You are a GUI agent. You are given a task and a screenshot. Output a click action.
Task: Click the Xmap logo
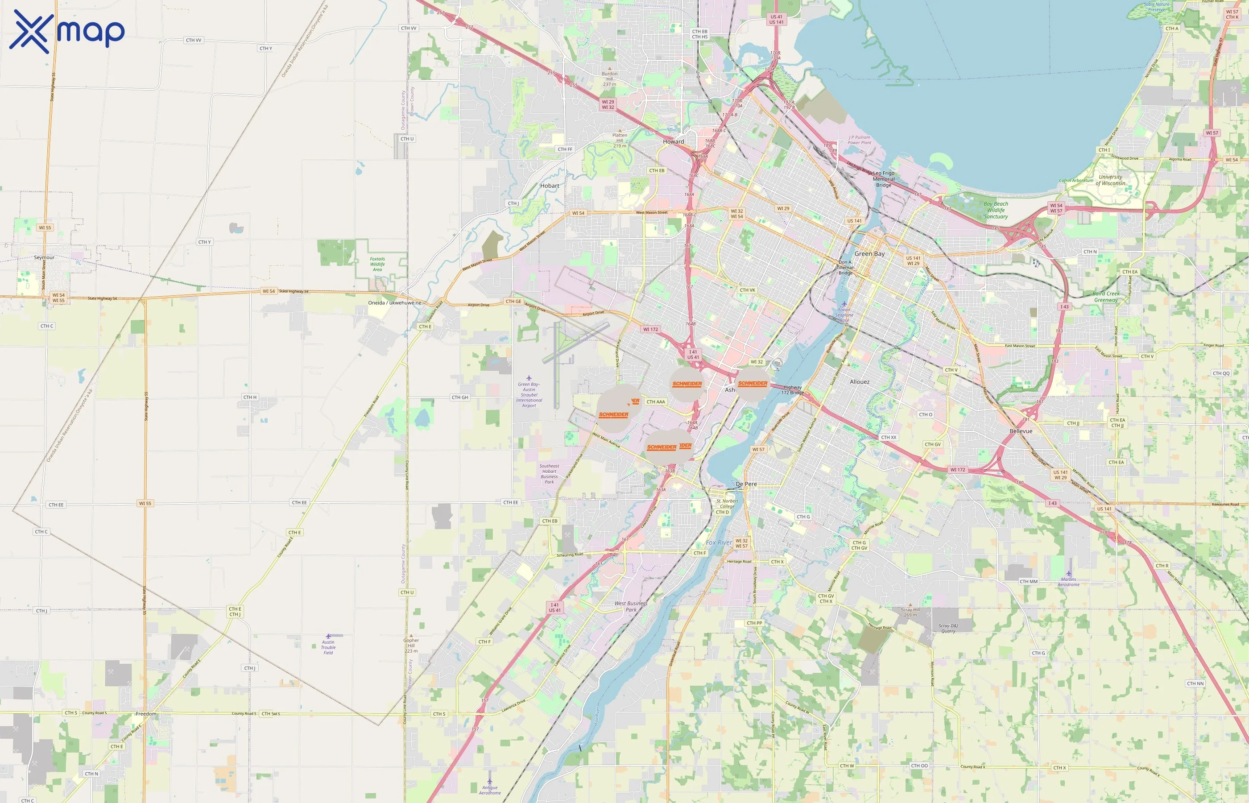pos(67,31)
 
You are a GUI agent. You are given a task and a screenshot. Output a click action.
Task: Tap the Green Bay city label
pos(869,254)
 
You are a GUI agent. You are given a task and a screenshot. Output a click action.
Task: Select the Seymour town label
pos(44,257)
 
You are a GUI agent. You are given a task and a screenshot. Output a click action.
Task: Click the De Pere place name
pos(746,484)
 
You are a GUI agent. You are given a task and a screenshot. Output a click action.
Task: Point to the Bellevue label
pos(1021,431)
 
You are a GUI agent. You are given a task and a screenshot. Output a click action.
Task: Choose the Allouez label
pos(860,382)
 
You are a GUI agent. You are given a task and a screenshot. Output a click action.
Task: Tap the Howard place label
pos(673,141)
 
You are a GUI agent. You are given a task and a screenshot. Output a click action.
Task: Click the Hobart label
pos(550,186)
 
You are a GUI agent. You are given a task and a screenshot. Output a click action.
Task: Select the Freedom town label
pos(146,714)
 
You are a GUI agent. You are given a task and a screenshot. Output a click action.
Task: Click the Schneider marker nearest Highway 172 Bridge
pos(752,384)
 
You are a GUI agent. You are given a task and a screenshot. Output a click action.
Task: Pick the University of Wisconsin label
pos(1110,180)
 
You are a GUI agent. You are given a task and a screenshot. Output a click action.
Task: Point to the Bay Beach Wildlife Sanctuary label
pos(996,210)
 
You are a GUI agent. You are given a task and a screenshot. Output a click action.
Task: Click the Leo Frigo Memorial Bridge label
pos(884,179)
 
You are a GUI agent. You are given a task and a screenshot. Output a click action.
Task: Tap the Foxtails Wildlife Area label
pos(377,264)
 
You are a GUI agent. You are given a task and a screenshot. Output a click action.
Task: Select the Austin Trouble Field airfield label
pos(328,647)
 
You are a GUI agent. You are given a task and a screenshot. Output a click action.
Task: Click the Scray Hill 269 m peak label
pos(910,612)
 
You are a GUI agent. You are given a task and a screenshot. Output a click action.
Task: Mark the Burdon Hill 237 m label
pos(609,79)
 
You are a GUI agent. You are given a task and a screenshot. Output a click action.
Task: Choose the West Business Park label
pos(631,606)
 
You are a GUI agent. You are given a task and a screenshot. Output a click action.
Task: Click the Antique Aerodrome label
pos(489,790)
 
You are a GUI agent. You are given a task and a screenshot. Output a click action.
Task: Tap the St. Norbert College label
pos(727,503)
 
